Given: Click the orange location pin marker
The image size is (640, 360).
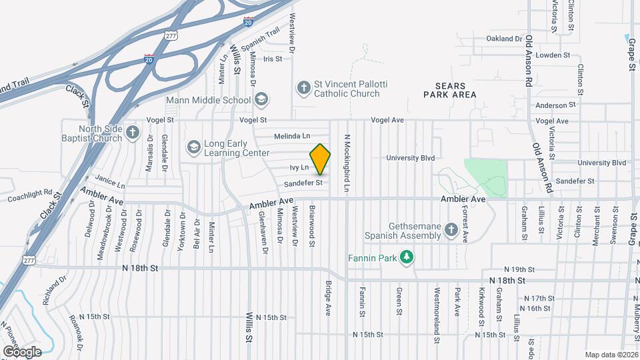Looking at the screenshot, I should click(x=321, y=159).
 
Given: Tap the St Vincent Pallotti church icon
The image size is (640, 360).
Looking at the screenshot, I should click(x=303, y=87).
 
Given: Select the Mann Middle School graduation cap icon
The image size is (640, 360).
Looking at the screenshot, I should click(x=261, y=100).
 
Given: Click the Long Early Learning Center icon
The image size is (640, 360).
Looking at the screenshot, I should click(x=193, y=147).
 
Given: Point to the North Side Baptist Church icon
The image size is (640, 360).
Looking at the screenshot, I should click(x=132, y=133).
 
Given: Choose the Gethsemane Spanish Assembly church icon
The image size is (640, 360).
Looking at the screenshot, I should click(x=451, y=231).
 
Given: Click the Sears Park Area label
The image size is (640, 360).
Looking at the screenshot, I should click(x=450, y=91).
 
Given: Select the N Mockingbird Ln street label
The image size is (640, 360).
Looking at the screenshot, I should click(x=347, y=163).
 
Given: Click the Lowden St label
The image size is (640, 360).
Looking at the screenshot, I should click(x=550, y=55).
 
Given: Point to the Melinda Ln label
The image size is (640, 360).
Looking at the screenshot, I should click(x=292, y=136).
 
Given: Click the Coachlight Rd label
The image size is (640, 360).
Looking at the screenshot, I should click(x=30, y=195).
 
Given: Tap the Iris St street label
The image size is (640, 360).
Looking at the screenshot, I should click(x=273, y=59).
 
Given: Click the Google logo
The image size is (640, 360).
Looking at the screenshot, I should click(x=22, y=351).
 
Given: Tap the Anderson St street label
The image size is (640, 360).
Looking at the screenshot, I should click(x=555, y=105).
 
